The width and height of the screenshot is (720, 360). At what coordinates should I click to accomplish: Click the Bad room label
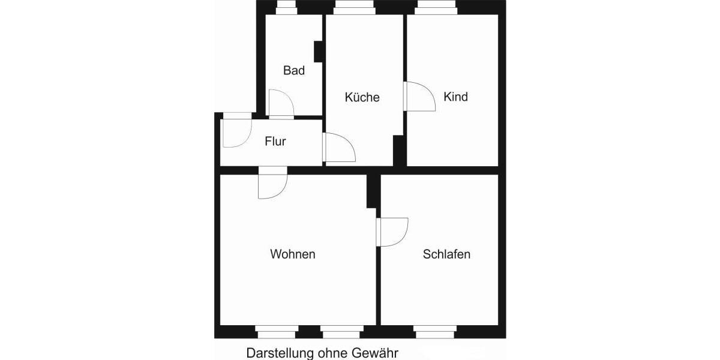(294, 71)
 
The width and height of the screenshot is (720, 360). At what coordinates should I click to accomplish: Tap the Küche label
(362, 97)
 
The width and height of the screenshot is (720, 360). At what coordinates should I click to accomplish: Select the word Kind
(455, 97)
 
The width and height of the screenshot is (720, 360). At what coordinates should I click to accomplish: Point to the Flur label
(275, 142)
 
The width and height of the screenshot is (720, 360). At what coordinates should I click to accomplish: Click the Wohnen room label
(293, 254)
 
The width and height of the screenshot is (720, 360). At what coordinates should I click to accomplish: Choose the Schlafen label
(446, 254)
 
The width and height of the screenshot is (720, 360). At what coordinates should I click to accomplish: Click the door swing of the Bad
(280, 104)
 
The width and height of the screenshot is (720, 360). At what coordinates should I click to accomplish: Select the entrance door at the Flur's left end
(234, 133)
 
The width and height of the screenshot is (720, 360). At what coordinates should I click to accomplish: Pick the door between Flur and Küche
(338, 148)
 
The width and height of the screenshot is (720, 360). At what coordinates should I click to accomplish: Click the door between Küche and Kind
(419, 96)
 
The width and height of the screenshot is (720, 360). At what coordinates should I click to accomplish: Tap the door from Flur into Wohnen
(272, 184)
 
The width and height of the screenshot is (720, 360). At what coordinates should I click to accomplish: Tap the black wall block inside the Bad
(319, 52)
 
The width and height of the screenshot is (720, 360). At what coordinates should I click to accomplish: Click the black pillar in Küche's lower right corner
(398, 150)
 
